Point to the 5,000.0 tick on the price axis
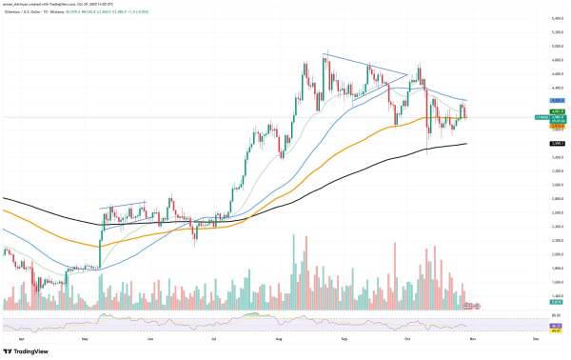553,45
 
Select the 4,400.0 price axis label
553,87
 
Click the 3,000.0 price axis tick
553,185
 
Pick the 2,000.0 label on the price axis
553,254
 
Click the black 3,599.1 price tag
553,143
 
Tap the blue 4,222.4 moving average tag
553,100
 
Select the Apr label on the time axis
20,338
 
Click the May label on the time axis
85,338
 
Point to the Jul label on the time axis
213,338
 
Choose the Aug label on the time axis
279,338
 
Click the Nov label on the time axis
473,338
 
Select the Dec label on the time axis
536,338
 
